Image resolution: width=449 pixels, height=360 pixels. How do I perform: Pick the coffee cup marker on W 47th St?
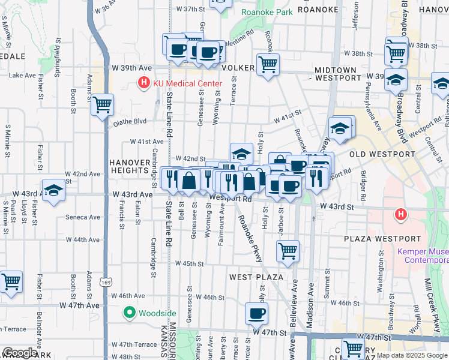click(x=257, y=313)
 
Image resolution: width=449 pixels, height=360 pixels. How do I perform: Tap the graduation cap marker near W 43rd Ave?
click(x=53, y=190)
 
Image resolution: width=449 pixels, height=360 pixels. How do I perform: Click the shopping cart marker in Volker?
click(x=268, y=64)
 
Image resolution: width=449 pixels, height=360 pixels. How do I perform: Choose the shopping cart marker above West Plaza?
click(x=288, y=250)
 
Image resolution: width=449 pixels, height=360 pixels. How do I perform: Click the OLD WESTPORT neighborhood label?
click(x=382, y=154)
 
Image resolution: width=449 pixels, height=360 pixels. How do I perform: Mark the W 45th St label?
click(x=190, y=263)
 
